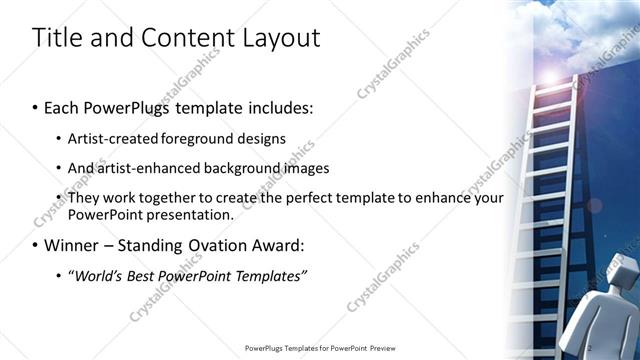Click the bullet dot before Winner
point(37,245)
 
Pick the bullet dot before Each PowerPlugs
point(37,107)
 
